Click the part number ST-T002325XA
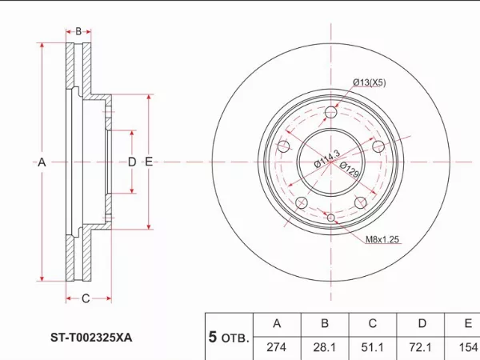[x=91, y=338]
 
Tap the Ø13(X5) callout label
[x=369, y=82]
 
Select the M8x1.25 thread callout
[x=382, y=239]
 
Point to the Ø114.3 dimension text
[x=327, y=159]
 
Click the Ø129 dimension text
[x=349, y=170]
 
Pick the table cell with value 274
[x=277, y=347]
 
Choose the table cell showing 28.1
[x=325, y=347]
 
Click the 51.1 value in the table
[x=372, y=347]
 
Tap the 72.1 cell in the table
[x=420, y=347]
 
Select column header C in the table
[x=373, y=323]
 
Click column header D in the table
[x=422, y=323]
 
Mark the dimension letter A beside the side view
[x=42, y=162]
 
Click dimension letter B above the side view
[x=78, y=31]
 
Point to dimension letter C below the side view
[x=86, y=298]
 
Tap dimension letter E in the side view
[x=149, y=162]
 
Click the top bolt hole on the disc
[x=331, y=112]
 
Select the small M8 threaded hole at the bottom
[x=331, y=218]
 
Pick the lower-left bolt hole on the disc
[x=302, y=202]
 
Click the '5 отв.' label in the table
[x=228, y=337]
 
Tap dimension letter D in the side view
[x=132, y=162]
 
